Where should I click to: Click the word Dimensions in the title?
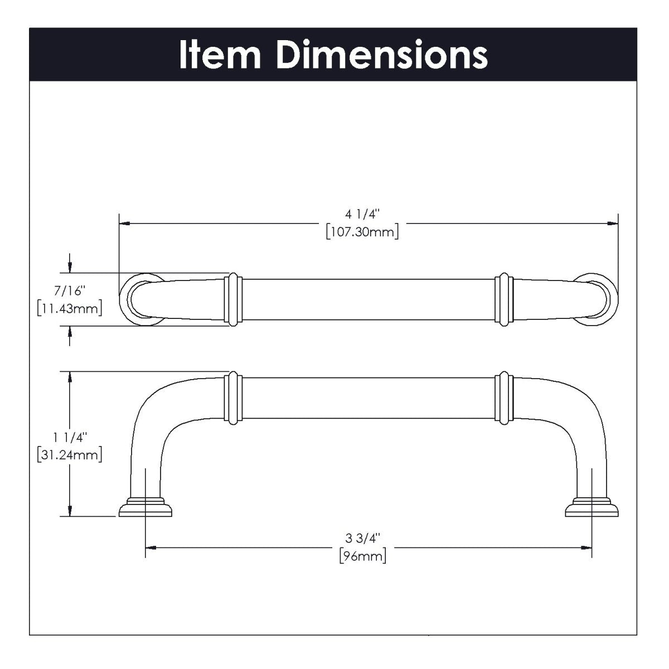click(x=382, y=55)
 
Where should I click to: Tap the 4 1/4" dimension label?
click(x=362, y=214)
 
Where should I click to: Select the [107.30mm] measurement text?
click(x=362, y=231)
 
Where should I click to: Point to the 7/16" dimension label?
click(x=69, y=291)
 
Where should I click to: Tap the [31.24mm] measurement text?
click(x=69, y=455)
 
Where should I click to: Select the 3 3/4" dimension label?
click(x=362, y=539)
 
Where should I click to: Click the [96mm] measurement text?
click(x=362, y=556)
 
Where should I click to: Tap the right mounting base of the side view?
click(x=592, y=507)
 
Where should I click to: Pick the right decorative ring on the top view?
click(x=504, y=299)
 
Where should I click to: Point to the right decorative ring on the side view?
click(x=504, y=397)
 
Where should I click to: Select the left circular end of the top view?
click(x=138, y=299)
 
